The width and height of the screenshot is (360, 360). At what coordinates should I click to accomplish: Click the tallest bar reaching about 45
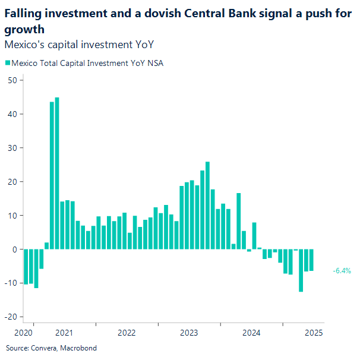pyautogui.click(x=57, y=173)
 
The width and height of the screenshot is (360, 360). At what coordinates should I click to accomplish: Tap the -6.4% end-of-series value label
pyautogui.click(x=342, y=271)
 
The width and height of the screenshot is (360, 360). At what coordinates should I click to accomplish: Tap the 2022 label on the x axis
pyautogui.click(x=127, y=333)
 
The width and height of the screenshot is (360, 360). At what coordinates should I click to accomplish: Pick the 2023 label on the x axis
pyautogui.click(x=189, y=333)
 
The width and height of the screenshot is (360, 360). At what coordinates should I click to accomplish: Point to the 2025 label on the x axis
pyautogui.click(x=314, y=333)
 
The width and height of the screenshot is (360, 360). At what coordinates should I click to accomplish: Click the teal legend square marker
pyautogui.click(x=8, y=63)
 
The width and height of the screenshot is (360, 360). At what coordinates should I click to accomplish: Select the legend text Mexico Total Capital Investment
pyautogui.click(x=71, y=63)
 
